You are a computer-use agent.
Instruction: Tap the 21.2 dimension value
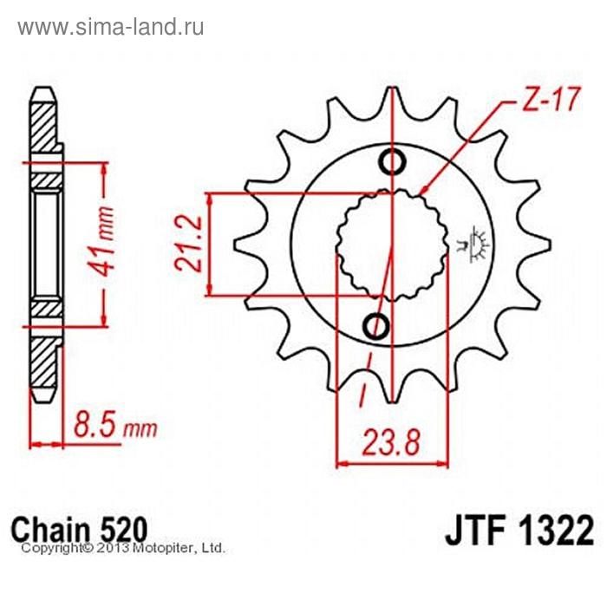pyautogui.click(x=188, y=244)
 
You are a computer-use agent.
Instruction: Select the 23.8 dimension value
pyautogui.click(x=391, y=443)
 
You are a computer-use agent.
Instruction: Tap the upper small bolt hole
pyautogui.click(x=392, y=161)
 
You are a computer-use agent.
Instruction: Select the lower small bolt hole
pyautogui.click(x=375, y=326)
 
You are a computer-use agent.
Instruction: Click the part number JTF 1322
pyautogui.click(x=519, y=530)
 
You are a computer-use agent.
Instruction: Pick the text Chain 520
pyautogui.click(x=80, y=530)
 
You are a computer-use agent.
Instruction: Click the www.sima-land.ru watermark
pyautogui.click(x=111, y=28)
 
